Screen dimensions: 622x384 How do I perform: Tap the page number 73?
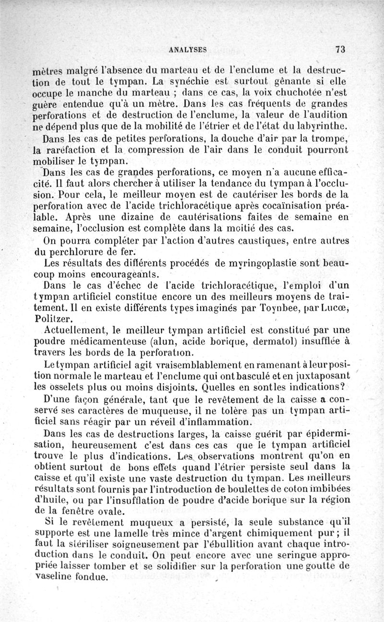[341, 48]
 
